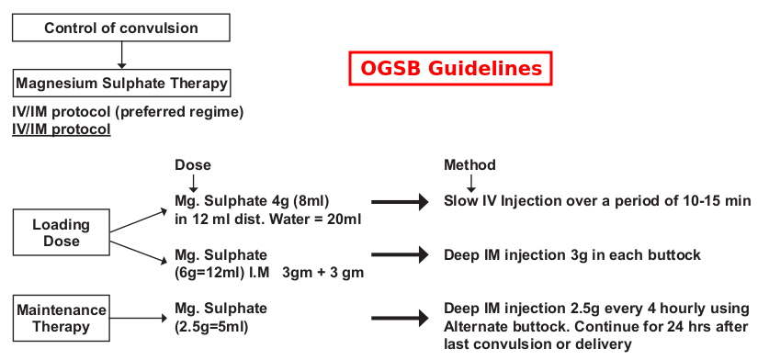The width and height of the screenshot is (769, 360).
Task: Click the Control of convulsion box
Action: pos(120,28)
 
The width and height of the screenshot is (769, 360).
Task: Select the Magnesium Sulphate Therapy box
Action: pos(120,84)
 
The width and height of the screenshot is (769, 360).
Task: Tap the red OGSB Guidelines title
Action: pos(451,68)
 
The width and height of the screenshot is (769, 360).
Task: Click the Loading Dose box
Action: pos(61,232)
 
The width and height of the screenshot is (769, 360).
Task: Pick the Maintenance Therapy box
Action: pos(62,317)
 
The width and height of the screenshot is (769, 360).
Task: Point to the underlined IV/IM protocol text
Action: pos(62,129)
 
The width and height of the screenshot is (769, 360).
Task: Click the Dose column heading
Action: pos(193,165)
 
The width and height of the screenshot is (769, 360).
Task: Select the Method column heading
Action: pos(469,165)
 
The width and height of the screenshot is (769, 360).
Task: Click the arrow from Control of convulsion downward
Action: pos(120,56)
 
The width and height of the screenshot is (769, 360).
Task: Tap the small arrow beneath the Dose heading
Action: pos(193,184)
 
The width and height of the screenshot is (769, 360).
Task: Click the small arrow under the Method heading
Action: pos(470,184)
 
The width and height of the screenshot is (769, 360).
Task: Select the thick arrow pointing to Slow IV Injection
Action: pos(400,201)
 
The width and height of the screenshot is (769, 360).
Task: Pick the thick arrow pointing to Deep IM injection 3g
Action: pos(400,255)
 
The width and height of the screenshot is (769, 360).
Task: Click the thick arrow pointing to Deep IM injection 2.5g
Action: pos(400,318)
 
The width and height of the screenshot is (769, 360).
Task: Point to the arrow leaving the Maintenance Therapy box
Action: pos(139,318)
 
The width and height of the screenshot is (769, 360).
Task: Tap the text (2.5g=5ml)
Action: pos(210,326)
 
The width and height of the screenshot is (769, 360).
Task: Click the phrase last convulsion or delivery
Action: pos(537,344)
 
